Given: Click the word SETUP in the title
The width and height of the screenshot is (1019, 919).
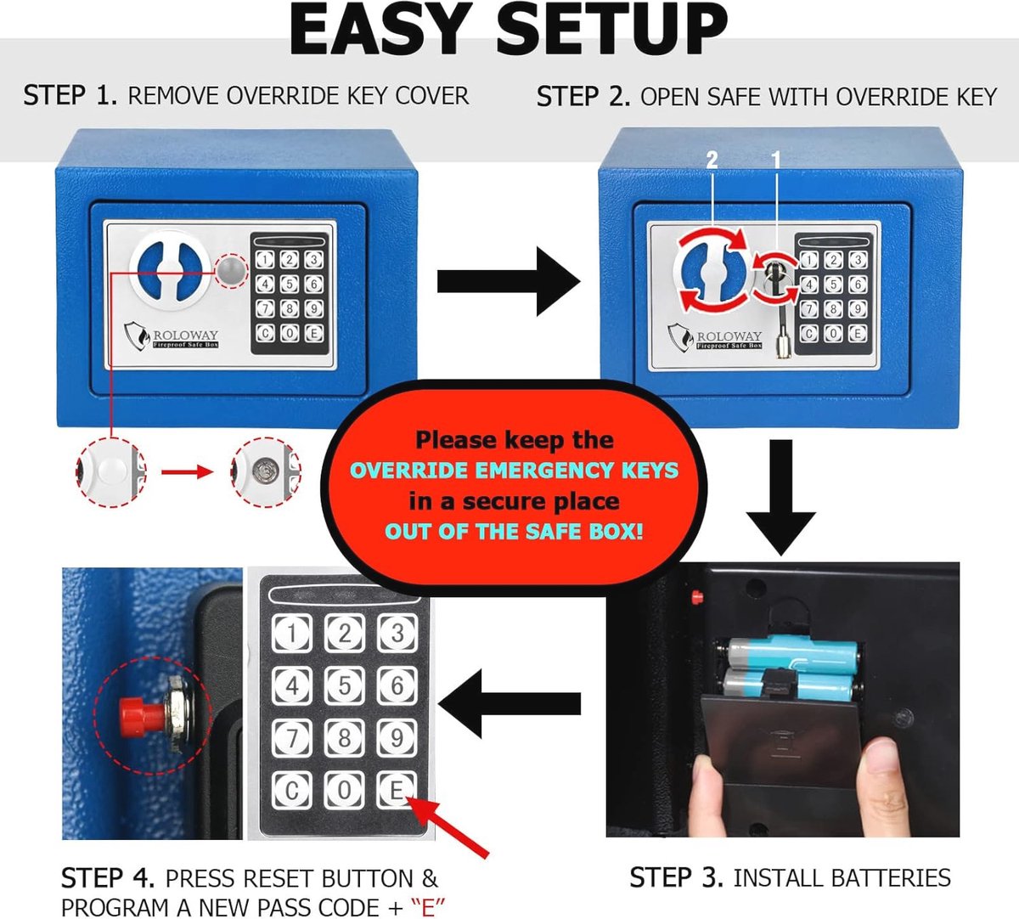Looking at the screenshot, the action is coord(611,29).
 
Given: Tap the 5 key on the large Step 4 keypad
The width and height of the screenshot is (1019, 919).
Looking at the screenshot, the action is coord(345,685).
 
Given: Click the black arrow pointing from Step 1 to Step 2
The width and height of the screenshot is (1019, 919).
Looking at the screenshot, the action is coord(509,281).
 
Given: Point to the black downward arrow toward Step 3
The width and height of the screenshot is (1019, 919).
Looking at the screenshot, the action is coord(781,497).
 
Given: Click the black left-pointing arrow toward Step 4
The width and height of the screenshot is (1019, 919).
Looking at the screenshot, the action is coord(509,703).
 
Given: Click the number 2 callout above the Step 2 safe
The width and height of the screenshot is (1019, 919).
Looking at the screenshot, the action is coord(712,161).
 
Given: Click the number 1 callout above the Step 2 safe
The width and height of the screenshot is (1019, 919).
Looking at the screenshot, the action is coord(775,161).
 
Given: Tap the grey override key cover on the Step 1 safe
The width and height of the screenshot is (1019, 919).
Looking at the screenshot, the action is coord(230,269).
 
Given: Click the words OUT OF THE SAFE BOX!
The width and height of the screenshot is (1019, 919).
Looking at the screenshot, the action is coord(514,532).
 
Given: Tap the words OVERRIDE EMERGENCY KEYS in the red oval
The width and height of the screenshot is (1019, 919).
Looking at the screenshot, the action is coord(514,471).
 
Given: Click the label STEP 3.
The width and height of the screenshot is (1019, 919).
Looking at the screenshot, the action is coord(676,878).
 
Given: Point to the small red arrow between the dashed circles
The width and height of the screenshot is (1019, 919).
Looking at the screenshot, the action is coord(187,472).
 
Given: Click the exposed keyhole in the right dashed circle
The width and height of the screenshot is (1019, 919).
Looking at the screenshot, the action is coord(263,471).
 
